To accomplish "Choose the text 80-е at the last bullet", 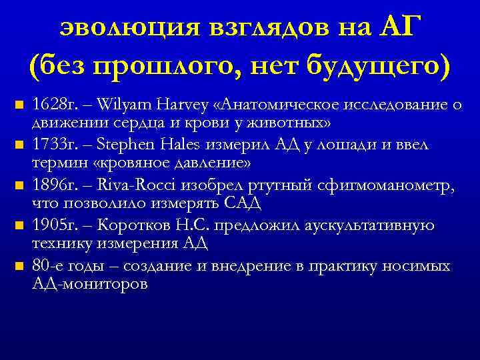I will pyautogui.click(x=46, y=266).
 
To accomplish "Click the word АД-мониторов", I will pyautogui.click(x=90, y=283).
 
